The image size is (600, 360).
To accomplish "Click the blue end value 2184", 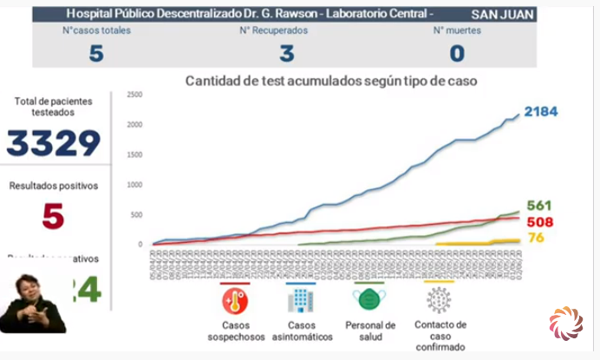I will point(539,112).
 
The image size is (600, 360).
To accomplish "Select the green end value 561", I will point(538,206).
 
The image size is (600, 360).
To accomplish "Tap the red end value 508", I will point(538,222).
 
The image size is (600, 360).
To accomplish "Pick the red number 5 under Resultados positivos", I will point(54,216).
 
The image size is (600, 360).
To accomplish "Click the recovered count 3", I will point(285,53).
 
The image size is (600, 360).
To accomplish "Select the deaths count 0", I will point(456,53).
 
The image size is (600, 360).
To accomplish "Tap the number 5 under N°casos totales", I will point(95,53).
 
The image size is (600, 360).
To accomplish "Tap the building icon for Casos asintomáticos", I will point(299,301).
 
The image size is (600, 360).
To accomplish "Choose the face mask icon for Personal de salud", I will point(368,300).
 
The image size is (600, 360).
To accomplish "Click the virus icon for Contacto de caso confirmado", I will point(439,301).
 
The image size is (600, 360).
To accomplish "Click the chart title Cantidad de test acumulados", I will point(329,81).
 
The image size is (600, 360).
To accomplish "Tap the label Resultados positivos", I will point(54,185).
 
